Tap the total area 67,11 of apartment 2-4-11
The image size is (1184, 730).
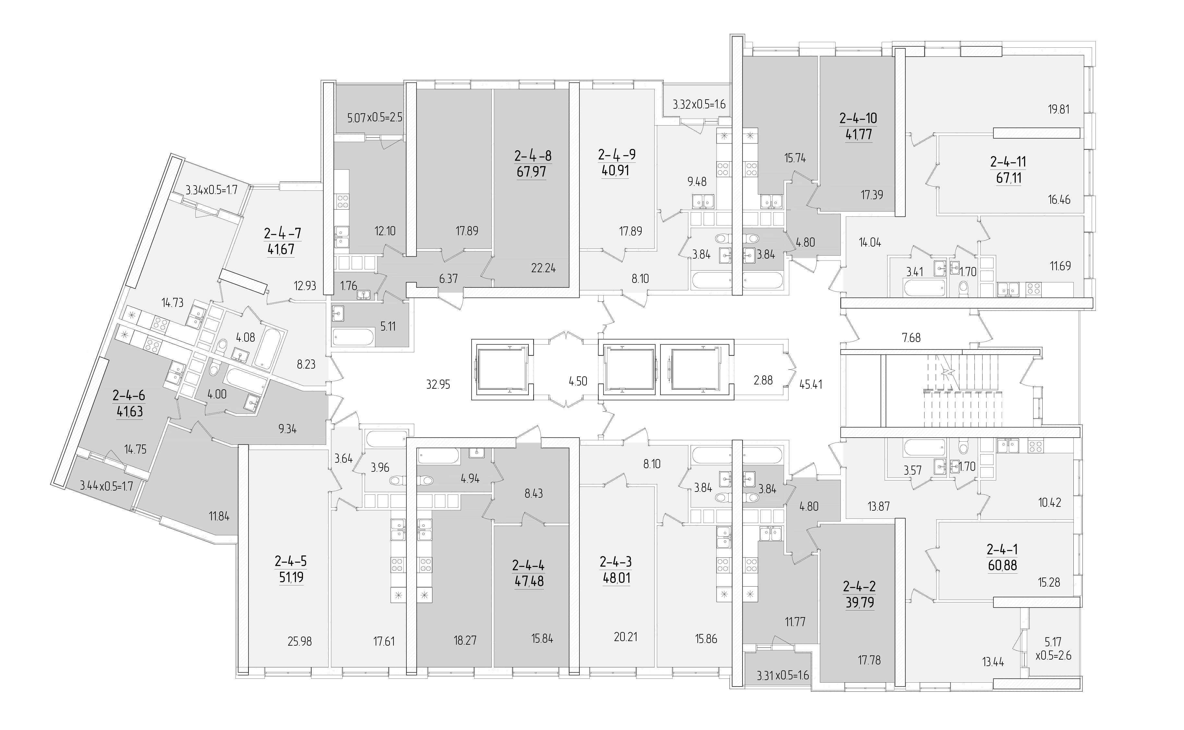click(x=1008, y=178)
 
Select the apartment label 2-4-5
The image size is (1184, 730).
click(x=291, y=561)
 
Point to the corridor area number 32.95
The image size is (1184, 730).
click(x=438, y=385)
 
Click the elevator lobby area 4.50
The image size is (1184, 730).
click(x=578, y=381)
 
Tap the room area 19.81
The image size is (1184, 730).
click(x=1058, y=109)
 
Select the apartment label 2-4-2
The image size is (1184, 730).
click(x=859, y=586)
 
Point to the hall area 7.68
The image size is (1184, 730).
click(x=911, y=337)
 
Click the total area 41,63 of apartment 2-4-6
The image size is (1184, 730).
click(x=129, y=412)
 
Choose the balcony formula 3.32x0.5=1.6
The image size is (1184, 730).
click(x=699, y=104)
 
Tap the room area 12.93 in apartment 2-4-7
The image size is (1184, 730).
click(x=305, y=286)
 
